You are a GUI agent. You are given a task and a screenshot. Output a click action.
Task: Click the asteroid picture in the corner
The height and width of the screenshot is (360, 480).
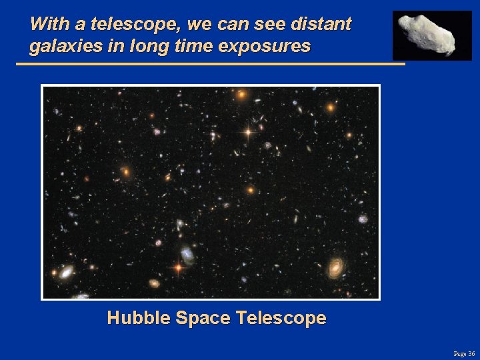pos(431,34)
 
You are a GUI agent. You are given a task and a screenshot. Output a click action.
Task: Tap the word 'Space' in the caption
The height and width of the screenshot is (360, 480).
pos(202,318)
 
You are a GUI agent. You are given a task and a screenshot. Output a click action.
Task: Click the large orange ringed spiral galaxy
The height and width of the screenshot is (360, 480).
pos(336,267)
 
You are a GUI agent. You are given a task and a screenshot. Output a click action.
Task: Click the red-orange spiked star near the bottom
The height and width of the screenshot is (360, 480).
pos(178,268)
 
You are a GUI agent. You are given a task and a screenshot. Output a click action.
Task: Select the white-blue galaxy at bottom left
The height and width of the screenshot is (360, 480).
pos(66,271)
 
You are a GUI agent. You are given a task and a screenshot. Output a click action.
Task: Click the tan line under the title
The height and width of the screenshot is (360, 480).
pos(210,64)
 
